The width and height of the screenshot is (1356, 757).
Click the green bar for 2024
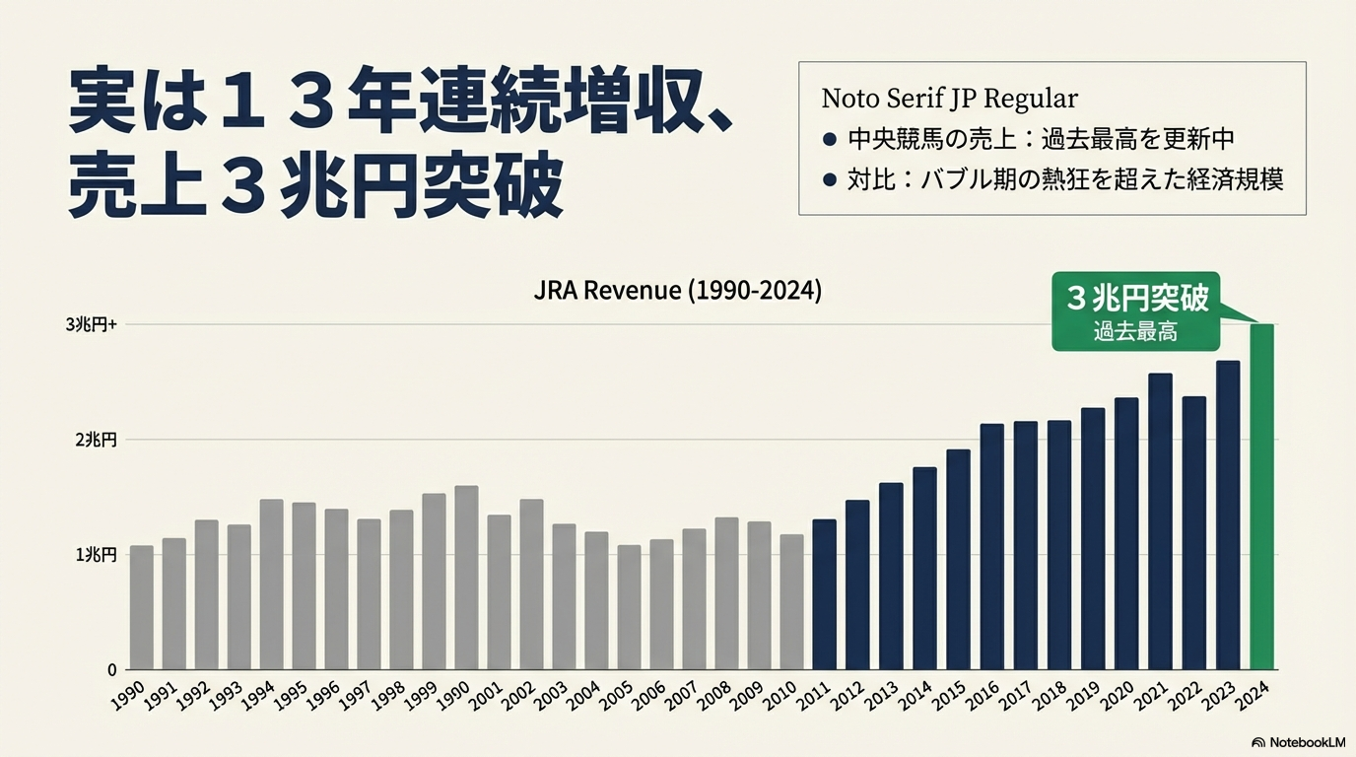pos(1261,497)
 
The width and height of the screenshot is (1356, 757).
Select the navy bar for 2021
pos(1160,521)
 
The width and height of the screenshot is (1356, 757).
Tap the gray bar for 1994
pos(271,585)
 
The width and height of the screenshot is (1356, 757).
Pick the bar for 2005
pos(629,607)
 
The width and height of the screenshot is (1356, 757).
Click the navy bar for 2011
pos(824,594)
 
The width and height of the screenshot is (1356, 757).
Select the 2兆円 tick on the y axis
pos(96,440)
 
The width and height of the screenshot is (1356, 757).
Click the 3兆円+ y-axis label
pos(92,324)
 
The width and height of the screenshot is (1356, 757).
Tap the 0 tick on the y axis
pos(112,670)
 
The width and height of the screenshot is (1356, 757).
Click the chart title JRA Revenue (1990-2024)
pos(677,292)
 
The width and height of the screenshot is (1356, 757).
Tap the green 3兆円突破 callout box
pos(1135,311)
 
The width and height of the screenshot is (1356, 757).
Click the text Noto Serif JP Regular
pos(949,99)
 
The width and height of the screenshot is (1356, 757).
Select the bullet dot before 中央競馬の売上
pos(829,139)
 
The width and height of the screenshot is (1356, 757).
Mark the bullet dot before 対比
pos(829,180)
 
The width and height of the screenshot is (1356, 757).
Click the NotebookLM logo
pos(1298,742)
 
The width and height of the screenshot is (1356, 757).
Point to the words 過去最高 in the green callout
pos(1135,332)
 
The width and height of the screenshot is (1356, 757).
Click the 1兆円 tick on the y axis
pos(96,555)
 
